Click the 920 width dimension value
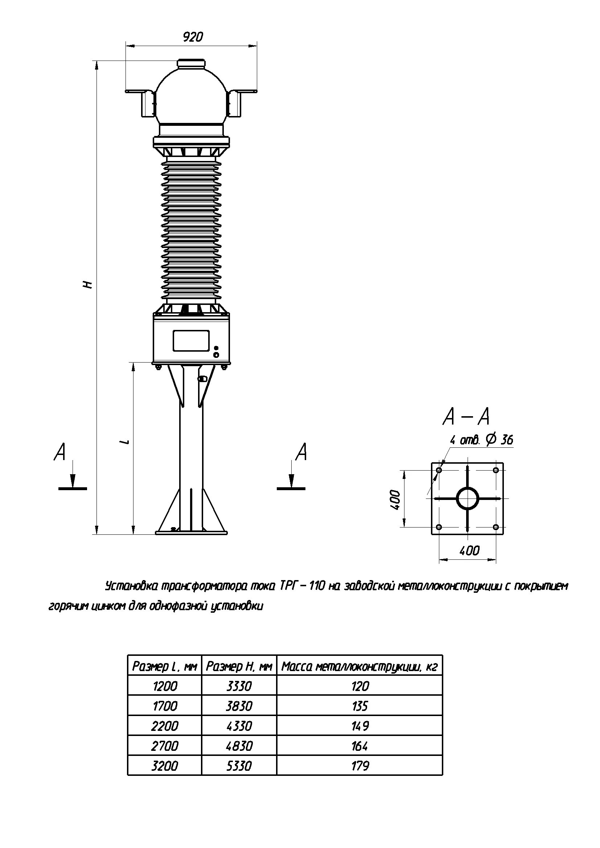193,37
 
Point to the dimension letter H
87,284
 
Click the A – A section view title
466,417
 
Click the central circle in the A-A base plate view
467,499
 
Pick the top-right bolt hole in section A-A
496,470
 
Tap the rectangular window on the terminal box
191,340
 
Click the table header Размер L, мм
165,667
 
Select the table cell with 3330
239,686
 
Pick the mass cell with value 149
359,726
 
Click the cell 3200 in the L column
165,766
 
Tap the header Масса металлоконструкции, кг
359,667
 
